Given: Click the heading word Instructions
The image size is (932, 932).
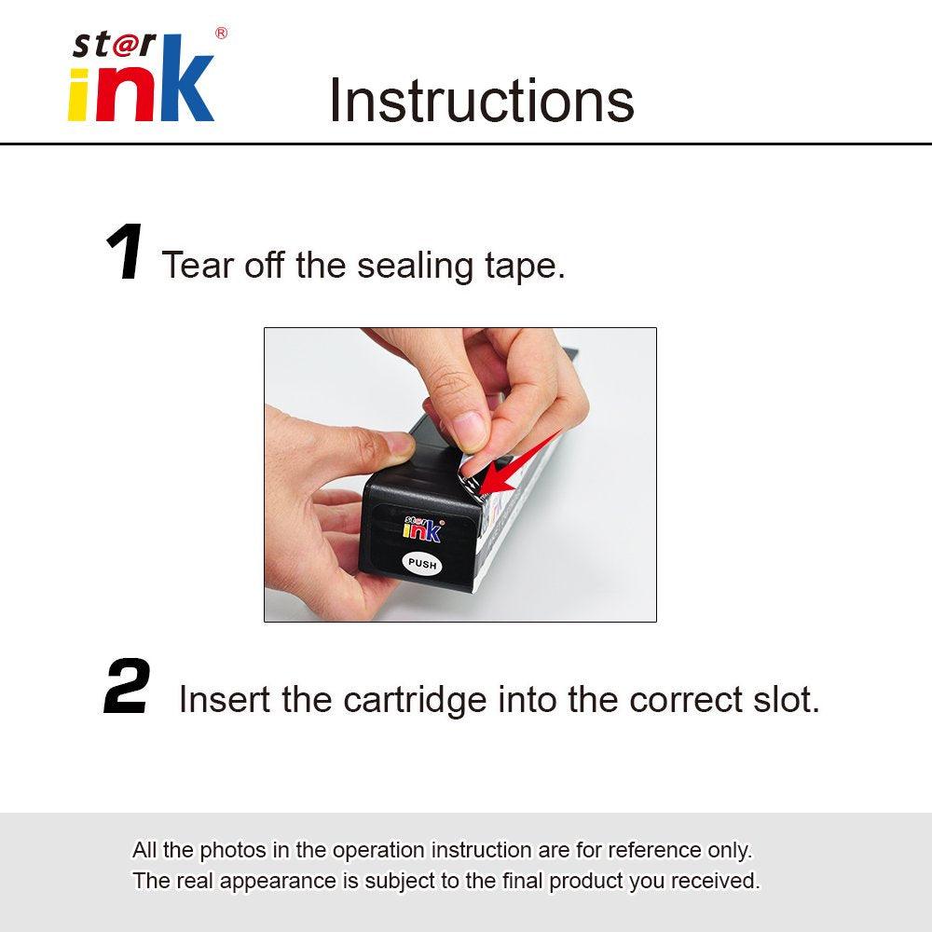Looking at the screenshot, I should pyautogui.click(x=481, y=101).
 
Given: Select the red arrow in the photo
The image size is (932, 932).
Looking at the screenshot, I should pyautogui.click(x=522, y=464).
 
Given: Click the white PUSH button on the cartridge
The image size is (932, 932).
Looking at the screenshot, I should pyautogui.click(x=422, y=564).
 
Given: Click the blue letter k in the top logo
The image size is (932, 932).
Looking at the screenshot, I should pyautogui.click(x=186, y=89).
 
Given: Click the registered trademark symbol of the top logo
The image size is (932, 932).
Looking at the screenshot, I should pyautogui.click(x=221, y=34).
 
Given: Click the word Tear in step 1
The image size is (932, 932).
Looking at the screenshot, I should pyautogui.click(x=198, y=266).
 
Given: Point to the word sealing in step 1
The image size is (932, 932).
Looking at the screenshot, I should pyautogui.click(x=415, y=267).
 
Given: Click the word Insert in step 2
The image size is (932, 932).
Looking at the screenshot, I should pyautogui.click(x=224, y=699).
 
